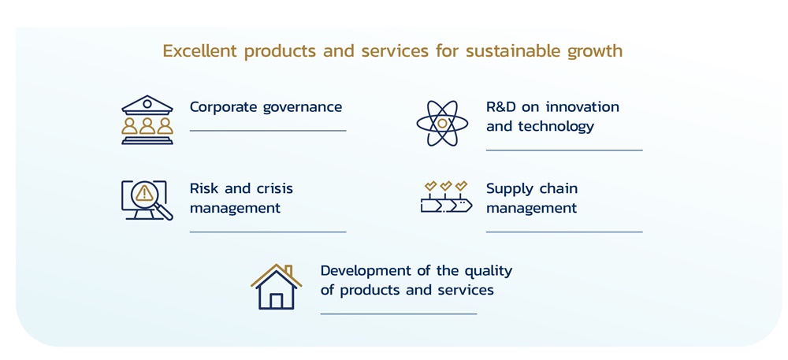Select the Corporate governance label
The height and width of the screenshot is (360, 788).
click(266, 107)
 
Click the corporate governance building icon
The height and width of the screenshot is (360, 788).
click(147, 121)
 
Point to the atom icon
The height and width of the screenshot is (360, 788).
click(442, 123)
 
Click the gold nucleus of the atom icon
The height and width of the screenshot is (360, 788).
click(442, 124)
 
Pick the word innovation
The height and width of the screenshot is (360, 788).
click(582, 107)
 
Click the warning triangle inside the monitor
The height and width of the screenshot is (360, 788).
click(143, 193)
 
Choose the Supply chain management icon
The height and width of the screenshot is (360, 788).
click(446, 198)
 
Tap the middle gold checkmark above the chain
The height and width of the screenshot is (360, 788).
click(446, 186)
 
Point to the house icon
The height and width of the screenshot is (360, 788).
click(277, 287)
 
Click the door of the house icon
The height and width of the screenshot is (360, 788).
click(277, 301)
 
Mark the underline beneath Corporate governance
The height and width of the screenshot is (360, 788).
click(268, 131)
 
